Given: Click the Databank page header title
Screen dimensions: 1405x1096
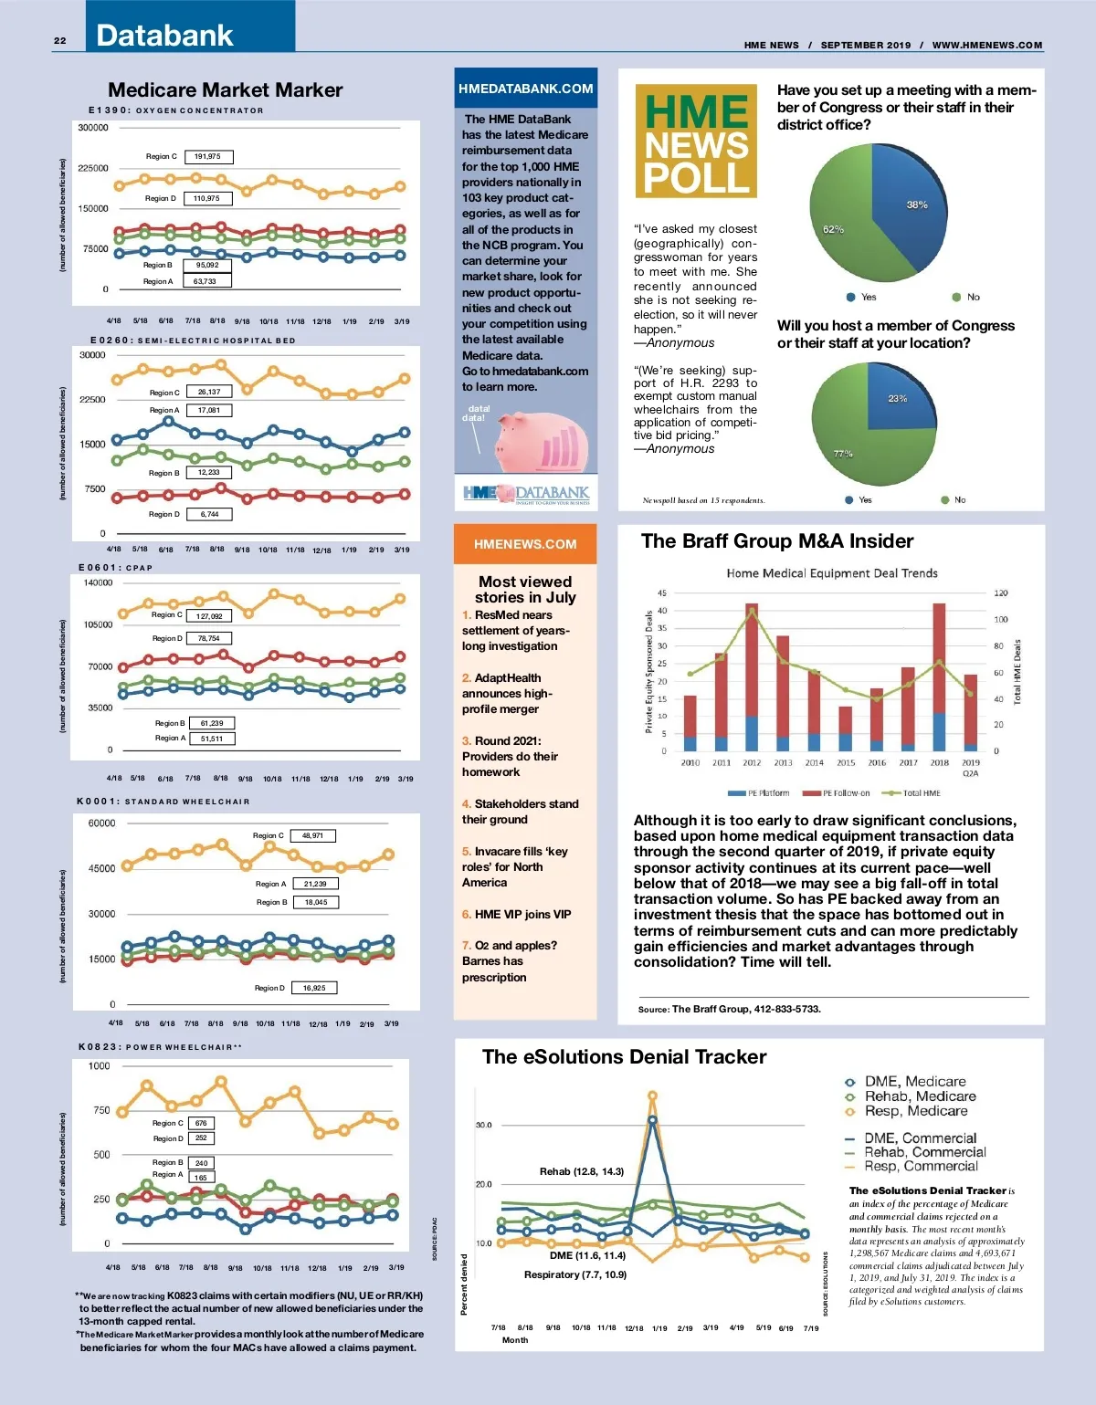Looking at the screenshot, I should click(164, 36).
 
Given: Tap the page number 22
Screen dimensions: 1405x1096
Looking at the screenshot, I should click(60, 41).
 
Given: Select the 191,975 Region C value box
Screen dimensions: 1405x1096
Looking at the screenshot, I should click(208, 157).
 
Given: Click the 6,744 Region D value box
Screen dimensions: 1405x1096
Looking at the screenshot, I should click(209, 514).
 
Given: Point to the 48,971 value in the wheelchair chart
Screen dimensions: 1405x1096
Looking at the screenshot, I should click(312, 835).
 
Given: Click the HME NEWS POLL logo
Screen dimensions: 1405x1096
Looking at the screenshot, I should click(696, 142).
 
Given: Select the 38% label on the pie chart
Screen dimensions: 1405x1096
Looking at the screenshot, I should click(917, 204).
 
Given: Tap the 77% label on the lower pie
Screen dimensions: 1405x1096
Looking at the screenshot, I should click(843, 454).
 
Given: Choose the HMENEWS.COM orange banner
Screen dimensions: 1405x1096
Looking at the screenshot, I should click(525, 544).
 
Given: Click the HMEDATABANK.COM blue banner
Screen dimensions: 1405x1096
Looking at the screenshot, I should click(525, 89).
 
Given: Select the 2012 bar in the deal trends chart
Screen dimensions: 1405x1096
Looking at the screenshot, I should click(752, 676).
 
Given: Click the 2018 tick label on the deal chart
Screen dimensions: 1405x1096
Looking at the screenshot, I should click(939, 762).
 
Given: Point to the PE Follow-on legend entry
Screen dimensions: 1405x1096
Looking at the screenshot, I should click(837, 792).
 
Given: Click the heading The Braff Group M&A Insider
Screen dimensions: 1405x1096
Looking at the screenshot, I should click(777, 541).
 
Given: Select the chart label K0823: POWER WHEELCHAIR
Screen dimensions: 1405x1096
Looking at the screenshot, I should click(160, 1047).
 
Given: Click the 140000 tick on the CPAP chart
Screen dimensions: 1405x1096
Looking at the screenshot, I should click(99, 582).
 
